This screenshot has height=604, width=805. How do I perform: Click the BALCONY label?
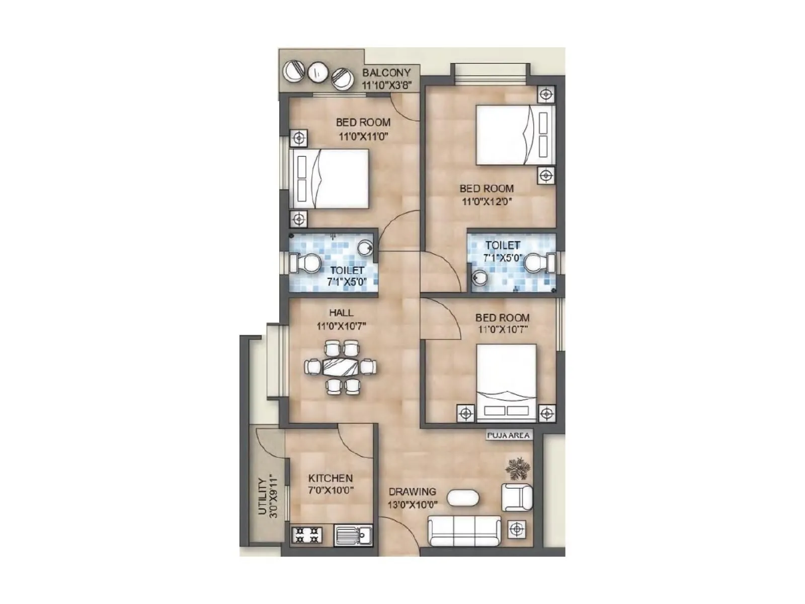click(386, 72)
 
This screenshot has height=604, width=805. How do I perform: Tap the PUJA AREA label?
click(509, 435)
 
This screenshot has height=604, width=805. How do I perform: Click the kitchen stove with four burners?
click(306, 535)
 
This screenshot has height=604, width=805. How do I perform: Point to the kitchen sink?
click(353, 535)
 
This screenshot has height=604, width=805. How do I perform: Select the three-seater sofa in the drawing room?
click(464, 531)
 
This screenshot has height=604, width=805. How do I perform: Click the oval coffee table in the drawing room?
click(463, 498)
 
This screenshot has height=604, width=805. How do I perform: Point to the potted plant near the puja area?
click(518, 469)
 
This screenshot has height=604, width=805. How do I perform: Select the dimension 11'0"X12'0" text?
click(487, 202)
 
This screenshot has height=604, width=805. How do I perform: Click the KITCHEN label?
click(330, 478)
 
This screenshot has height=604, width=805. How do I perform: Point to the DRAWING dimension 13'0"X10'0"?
click(413, 504)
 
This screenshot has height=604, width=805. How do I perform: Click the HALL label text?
click(341, 313)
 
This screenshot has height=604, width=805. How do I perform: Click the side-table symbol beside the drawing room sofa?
click(517, 529)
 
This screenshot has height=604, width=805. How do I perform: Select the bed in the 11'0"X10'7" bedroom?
click(506, 381)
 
